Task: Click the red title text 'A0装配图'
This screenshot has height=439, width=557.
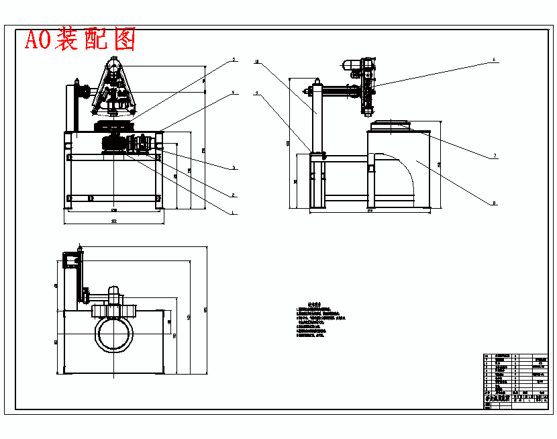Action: tap(80, 40)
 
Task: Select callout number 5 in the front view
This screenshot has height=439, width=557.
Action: tap(234, 60)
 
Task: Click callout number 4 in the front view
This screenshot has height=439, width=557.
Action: tap(234, 93)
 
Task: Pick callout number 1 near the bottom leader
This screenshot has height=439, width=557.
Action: tap(233, 212)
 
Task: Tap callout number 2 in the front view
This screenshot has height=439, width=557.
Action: tap(233, 195)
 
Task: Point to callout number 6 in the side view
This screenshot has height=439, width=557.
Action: tap(494, 60)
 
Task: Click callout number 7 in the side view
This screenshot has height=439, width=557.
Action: tap(495, 156)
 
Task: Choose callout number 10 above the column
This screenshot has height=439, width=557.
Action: tap(257, 61)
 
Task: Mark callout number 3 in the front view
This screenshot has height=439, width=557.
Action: tap(233, 168)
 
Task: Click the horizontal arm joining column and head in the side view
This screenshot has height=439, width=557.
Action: tap(342, 89)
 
